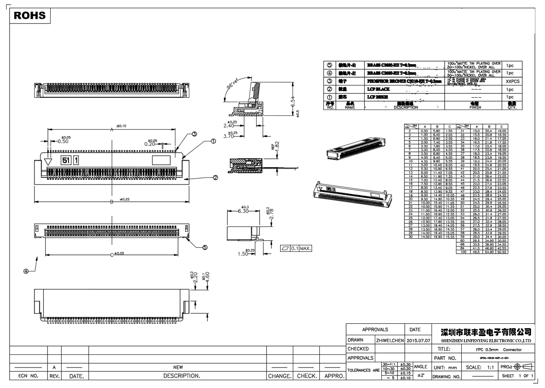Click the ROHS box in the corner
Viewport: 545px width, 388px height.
[30, 15]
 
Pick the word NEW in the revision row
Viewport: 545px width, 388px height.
[178, 367]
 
